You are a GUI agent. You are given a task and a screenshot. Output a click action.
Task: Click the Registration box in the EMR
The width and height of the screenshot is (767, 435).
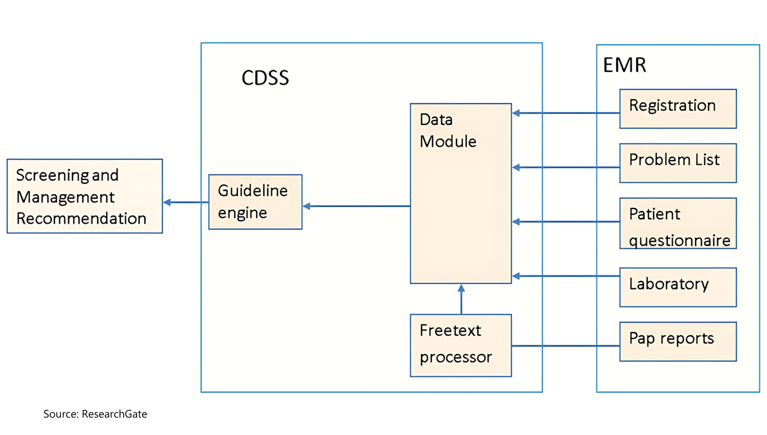[678, 108]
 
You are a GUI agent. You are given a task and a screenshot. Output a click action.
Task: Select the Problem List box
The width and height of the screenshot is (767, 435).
[678, 163]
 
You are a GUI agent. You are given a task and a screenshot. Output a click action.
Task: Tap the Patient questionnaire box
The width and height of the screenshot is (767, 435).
[678, 223]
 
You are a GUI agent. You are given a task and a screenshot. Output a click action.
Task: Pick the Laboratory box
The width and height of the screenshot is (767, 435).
[678, 287]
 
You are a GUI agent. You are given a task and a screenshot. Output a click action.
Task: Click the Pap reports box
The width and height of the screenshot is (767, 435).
[678, 341]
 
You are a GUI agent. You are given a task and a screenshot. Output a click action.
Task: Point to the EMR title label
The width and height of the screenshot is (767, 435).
[624, 65]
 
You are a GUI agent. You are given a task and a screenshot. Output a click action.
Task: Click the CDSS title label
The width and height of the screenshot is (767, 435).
[265, 78]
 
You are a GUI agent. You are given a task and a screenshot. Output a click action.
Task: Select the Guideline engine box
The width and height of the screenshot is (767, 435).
[255, 202]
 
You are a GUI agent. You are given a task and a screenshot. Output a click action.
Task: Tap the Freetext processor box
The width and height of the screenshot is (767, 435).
[460, 345]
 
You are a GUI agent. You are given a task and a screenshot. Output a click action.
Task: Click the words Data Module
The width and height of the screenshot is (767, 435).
[447, 130]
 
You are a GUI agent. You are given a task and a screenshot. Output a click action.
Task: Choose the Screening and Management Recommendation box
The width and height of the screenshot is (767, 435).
[84, 196]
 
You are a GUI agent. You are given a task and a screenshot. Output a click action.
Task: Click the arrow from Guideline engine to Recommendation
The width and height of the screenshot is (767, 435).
[186, 202]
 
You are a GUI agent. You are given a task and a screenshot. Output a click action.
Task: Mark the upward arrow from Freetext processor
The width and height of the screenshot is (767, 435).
[461, 299]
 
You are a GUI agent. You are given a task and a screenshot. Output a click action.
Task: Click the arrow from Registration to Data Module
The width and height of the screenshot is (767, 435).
[565, 113]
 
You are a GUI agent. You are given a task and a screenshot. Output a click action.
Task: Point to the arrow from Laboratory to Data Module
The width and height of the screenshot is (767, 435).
[565, 276]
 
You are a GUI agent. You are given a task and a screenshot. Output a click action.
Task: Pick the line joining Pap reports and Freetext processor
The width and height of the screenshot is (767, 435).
[565, 346]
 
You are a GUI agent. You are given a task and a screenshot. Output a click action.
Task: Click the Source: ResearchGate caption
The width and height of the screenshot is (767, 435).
[95, 414]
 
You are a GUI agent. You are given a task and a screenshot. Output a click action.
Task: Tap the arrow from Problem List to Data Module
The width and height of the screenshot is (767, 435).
[565, 167]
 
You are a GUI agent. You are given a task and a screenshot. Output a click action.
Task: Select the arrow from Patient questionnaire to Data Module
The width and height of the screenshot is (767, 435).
[565, 222]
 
